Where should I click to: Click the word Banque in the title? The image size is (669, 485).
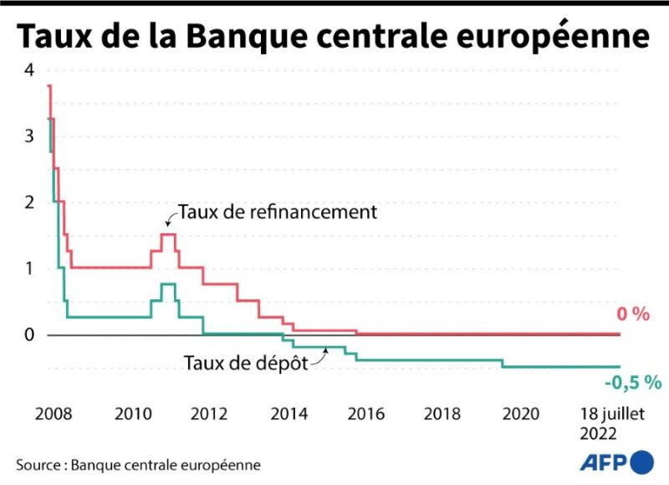coord(247,37)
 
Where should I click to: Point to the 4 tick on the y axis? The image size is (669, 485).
coord(29,70)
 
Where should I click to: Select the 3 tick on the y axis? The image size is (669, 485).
coord(29,136)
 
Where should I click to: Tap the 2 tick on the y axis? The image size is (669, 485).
coord(29,202)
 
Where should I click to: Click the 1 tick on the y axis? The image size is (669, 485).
coord(29,268)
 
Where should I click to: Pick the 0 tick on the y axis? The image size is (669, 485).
coord(29,334)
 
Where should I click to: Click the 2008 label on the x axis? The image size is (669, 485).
coord(54,414)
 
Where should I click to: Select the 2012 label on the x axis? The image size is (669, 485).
coord(208,414)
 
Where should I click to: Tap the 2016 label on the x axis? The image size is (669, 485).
coord(365,414)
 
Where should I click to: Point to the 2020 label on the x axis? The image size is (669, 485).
coord(520,414)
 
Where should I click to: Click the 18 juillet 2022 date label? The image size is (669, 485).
coord(612,424)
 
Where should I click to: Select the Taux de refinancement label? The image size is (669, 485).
coord(278,212)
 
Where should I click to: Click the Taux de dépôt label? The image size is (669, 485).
coord(246,363)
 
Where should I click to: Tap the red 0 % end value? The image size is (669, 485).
coord(633,314)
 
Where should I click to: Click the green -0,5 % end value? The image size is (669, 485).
coord(633,383)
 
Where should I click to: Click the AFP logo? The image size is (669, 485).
coord(616,462)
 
